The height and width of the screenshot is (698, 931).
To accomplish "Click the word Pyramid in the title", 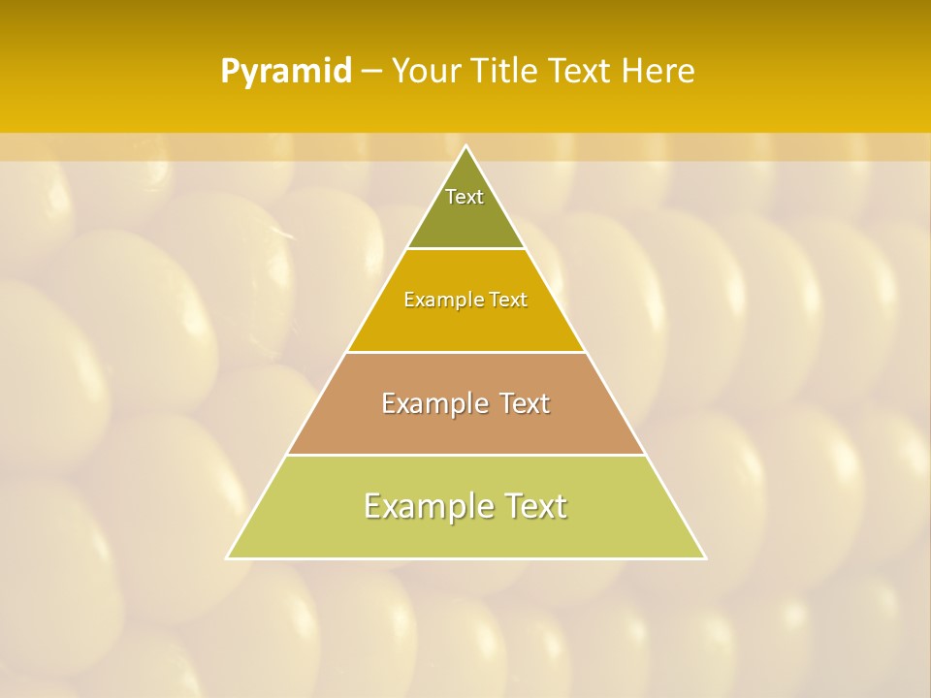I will point(286,72).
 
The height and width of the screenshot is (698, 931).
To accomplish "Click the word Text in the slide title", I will point(580,72).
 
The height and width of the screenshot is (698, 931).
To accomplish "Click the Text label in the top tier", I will point(465,197).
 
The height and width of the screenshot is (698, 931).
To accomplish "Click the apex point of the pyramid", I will point(466,146).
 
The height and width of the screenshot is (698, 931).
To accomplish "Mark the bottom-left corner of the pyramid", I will point(227,558).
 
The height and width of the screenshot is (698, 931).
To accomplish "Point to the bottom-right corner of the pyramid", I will point(705,558).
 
